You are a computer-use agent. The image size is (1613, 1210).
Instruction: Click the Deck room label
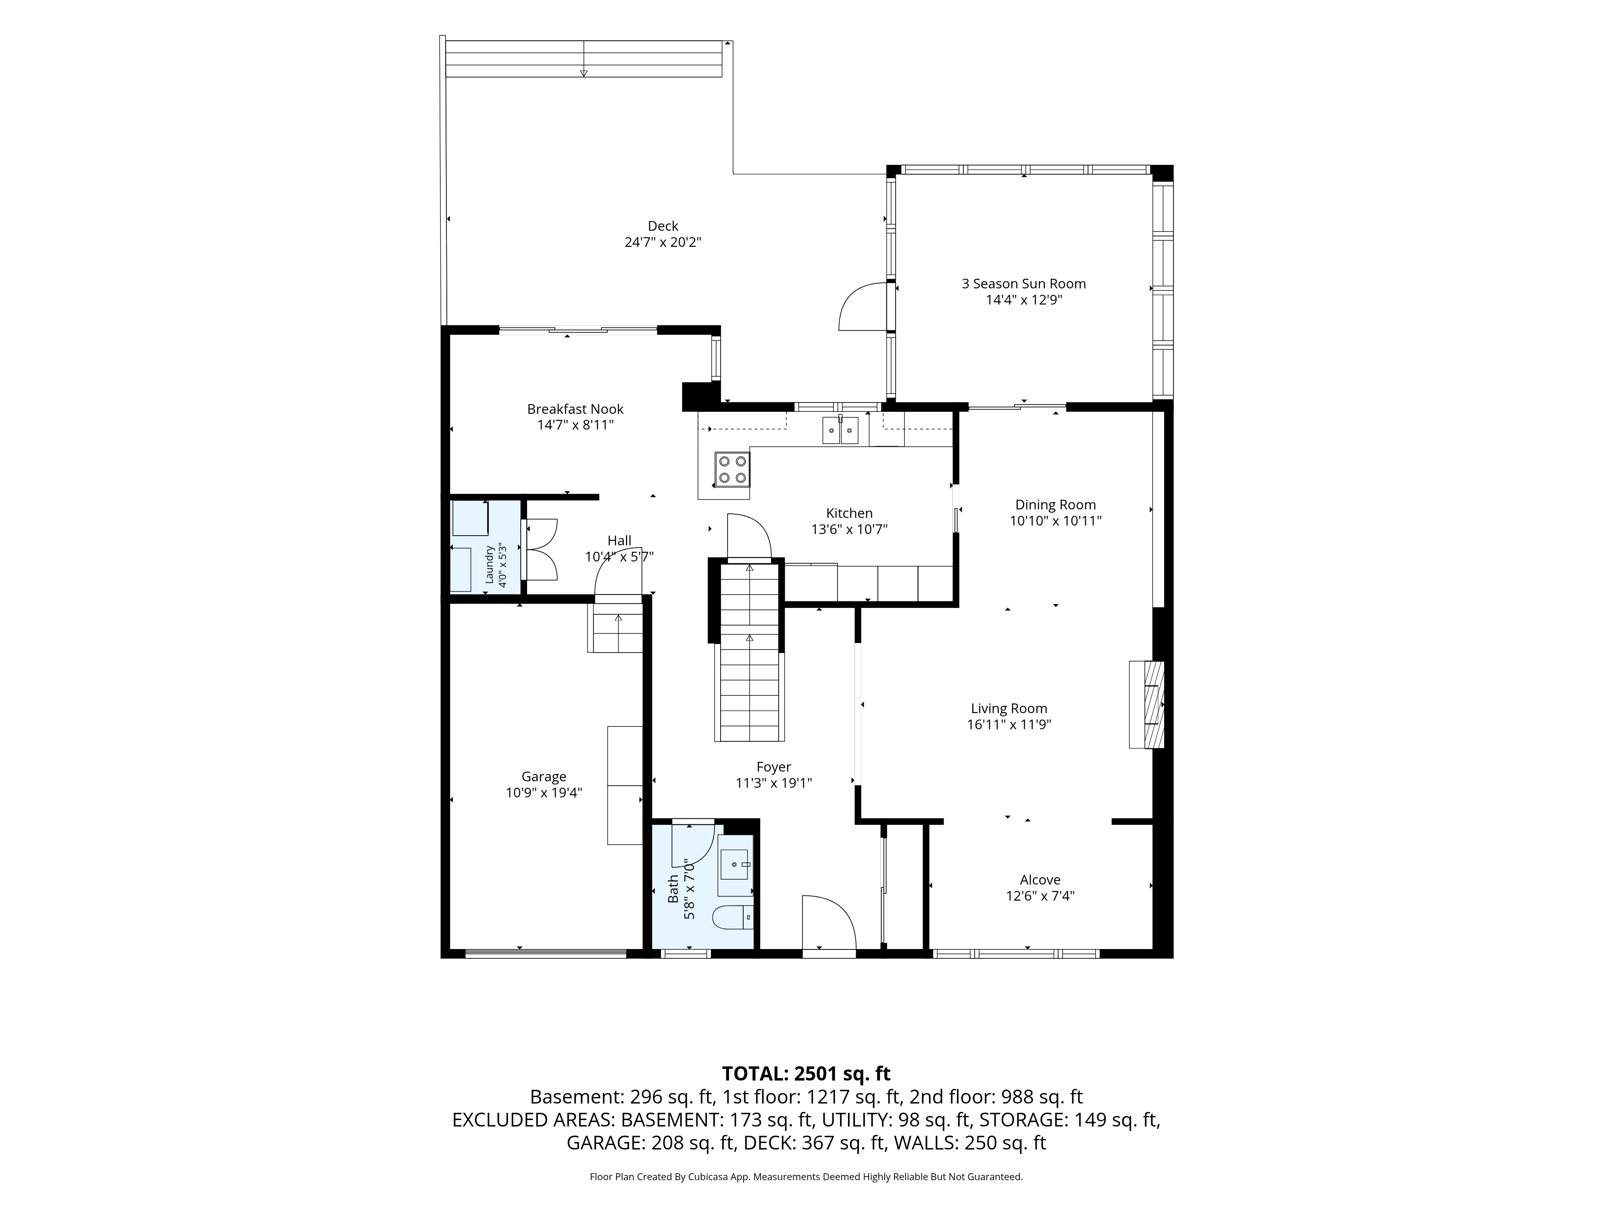663,226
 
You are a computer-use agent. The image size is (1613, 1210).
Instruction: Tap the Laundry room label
490,565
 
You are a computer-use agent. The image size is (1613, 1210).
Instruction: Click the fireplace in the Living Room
1146,704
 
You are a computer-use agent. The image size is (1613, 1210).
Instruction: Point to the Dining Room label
1055,505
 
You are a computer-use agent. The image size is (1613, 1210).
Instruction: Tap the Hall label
619,540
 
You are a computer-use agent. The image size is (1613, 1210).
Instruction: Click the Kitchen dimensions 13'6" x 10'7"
849,530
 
